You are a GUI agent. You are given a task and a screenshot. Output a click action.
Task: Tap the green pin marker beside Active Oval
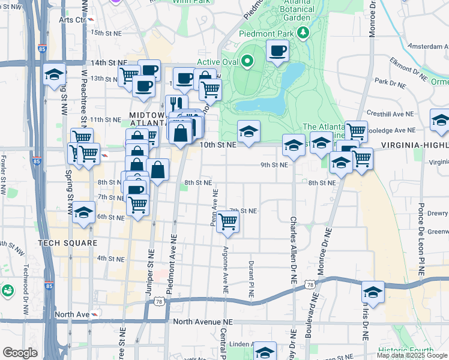(247, 60)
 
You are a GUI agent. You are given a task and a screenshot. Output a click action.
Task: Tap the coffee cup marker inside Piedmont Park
(277, 52)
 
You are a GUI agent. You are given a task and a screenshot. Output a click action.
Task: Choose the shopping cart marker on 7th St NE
(228, 221)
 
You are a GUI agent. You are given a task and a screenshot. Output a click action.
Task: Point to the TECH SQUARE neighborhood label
(67, 243)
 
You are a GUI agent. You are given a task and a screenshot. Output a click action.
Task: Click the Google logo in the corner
(20, 353)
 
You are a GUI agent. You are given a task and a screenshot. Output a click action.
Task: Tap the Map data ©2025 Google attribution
(412, 355)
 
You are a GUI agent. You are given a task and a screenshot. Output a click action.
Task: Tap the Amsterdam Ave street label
(427, 46)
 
